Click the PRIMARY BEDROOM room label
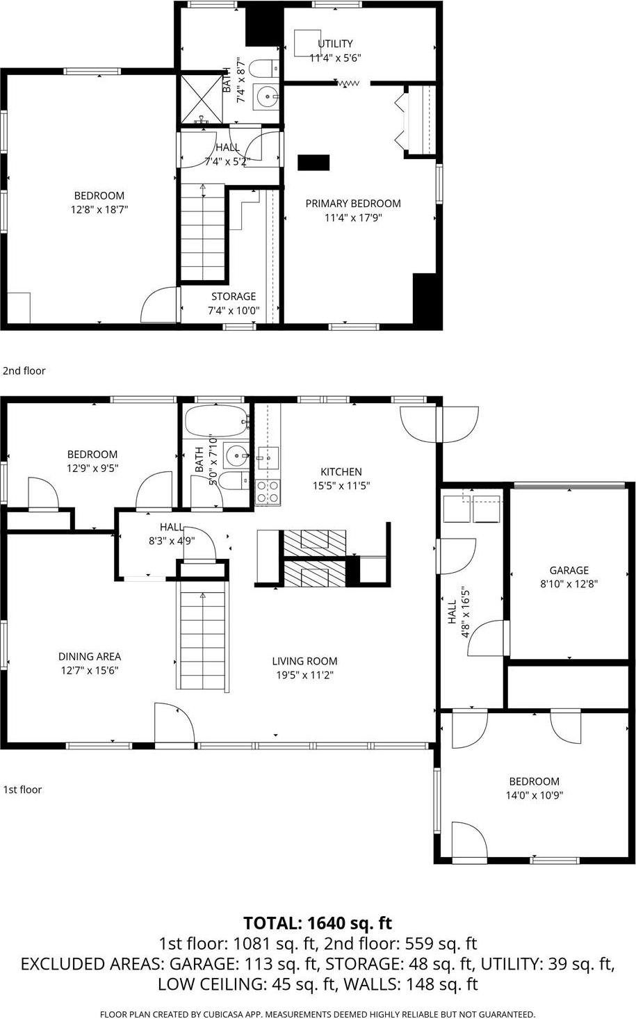click(353, 204)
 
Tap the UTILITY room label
click(335, 44)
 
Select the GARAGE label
click(569, 570)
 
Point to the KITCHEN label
click(341, 472)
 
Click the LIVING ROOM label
click(304, 661)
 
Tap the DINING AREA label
click(90, 656)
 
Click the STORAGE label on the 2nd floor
click(234, 296)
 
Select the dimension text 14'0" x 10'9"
click(534, 795)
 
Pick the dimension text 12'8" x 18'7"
click(99, 209)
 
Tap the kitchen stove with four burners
click(268, 491)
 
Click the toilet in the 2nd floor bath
click(263, 70)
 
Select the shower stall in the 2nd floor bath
click(200, 99)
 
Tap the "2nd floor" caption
click(24, 370)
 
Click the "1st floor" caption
click(22, 790)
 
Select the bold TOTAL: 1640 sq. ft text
click(318, 923)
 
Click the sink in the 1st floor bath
click(237, 456)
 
